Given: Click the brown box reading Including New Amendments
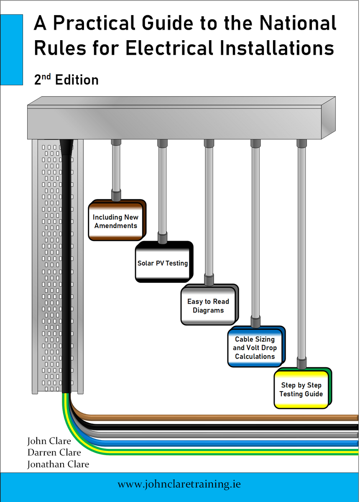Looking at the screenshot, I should tap(115, 221).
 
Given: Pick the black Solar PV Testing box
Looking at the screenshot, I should tap(163, 263).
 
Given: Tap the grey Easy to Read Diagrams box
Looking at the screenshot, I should tap(208, 306).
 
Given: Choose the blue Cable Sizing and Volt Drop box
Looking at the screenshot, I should tap(255, 348).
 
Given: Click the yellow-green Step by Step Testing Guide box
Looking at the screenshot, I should tap(301, 389).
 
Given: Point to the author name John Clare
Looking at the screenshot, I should tap(49, 441).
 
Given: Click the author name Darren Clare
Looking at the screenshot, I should tap(54, 453).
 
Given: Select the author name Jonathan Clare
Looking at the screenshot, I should tap(58, 464).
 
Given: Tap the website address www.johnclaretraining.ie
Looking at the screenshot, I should tap(179, 485).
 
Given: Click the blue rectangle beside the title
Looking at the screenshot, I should tap(11, 49).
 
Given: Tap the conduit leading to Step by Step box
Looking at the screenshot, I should tap(301, 251).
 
